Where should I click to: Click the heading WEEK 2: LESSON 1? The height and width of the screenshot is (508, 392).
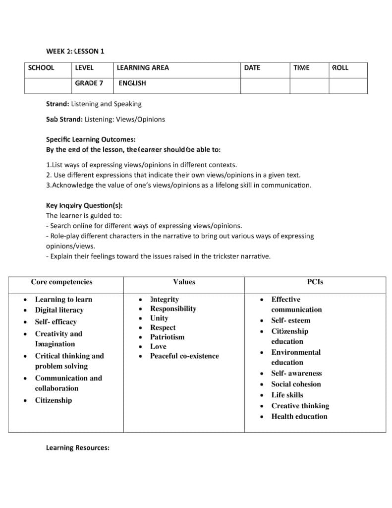(75, 51)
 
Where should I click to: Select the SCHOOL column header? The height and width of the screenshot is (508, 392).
(41, 68)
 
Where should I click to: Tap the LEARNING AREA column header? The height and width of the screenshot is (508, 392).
(143, 68)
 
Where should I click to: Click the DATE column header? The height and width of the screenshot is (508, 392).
(252, 68)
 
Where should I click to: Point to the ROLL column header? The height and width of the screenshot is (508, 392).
(340, 68)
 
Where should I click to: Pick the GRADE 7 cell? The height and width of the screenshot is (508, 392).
(89, 83)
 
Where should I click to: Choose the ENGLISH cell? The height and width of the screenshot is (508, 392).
(132, 83)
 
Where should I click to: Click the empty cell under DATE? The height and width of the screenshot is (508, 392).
(265, 85)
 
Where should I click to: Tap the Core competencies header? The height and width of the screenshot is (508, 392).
(61, 282)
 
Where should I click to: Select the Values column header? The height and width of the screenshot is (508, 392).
(184, 282)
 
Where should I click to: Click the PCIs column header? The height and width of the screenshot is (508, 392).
(315, 282)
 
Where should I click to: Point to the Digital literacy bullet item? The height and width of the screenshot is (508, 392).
(59, 310)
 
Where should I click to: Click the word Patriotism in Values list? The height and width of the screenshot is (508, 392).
(167, 337)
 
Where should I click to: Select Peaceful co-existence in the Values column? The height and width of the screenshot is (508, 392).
(184, 356)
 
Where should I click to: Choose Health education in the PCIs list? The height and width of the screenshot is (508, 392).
(299, 416)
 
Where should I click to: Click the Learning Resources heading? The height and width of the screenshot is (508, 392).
(78, 447)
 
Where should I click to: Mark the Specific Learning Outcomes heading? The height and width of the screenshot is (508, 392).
(91, 140)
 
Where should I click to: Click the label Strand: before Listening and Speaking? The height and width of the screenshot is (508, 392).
(57, 104)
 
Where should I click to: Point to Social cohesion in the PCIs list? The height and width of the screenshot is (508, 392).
(296, 384)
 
